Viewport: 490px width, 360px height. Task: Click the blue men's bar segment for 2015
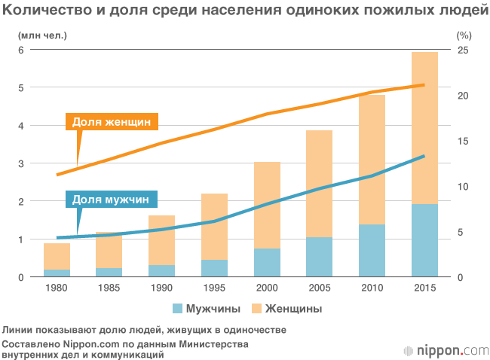[424, 241]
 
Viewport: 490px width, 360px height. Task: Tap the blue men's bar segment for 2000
[267, 263]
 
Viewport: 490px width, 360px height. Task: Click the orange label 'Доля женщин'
[112, 122]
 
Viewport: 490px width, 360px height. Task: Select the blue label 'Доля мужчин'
[111, 200]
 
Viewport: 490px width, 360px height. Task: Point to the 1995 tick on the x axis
[214, 288]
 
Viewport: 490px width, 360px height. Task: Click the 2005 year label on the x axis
[319, 288]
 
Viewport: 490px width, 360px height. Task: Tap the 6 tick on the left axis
[22, 50]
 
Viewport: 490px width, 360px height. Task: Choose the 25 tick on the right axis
[464, 50]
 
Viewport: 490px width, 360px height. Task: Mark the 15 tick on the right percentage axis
[464, 141]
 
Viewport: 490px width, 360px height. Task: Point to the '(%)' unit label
[464, 35]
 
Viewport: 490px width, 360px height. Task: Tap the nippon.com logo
[446, 350]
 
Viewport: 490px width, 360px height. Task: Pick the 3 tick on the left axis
[22, 163]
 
